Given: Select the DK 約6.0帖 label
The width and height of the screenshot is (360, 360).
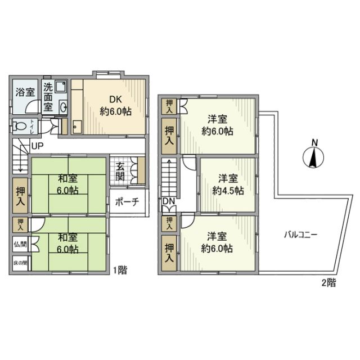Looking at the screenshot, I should pyautogui.click(x=115, y=105).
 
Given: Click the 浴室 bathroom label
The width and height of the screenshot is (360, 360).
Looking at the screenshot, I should pyautogui.click(x=24, y=92).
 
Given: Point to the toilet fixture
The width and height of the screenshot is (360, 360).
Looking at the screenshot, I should pyautogui.click(x=20, y=125).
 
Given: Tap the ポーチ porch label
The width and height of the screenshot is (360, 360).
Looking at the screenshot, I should pyautogui.click(x=127, y=202).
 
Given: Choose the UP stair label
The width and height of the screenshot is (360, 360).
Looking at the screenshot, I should pyautogui.click(x=38, y=147).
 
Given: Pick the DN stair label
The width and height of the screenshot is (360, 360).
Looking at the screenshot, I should pyautogui.click(x=168, y=201).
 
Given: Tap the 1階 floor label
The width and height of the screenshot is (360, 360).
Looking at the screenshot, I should pyautogui.click(x=119, y=270).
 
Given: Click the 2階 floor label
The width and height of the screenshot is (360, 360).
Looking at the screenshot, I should pyautogui.click(x=328, y=283).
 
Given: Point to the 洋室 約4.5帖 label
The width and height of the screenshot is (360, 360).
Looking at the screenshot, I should pyautogui.click(x=228, y=184).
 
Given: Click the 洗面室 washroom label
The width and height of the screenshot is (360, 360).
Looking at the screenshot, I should pyautogui.click(x=49, y=97).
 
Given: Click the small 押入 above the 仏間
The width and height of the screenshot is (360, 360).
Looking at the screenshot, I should pyautogui.click(x=21, y=224).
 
